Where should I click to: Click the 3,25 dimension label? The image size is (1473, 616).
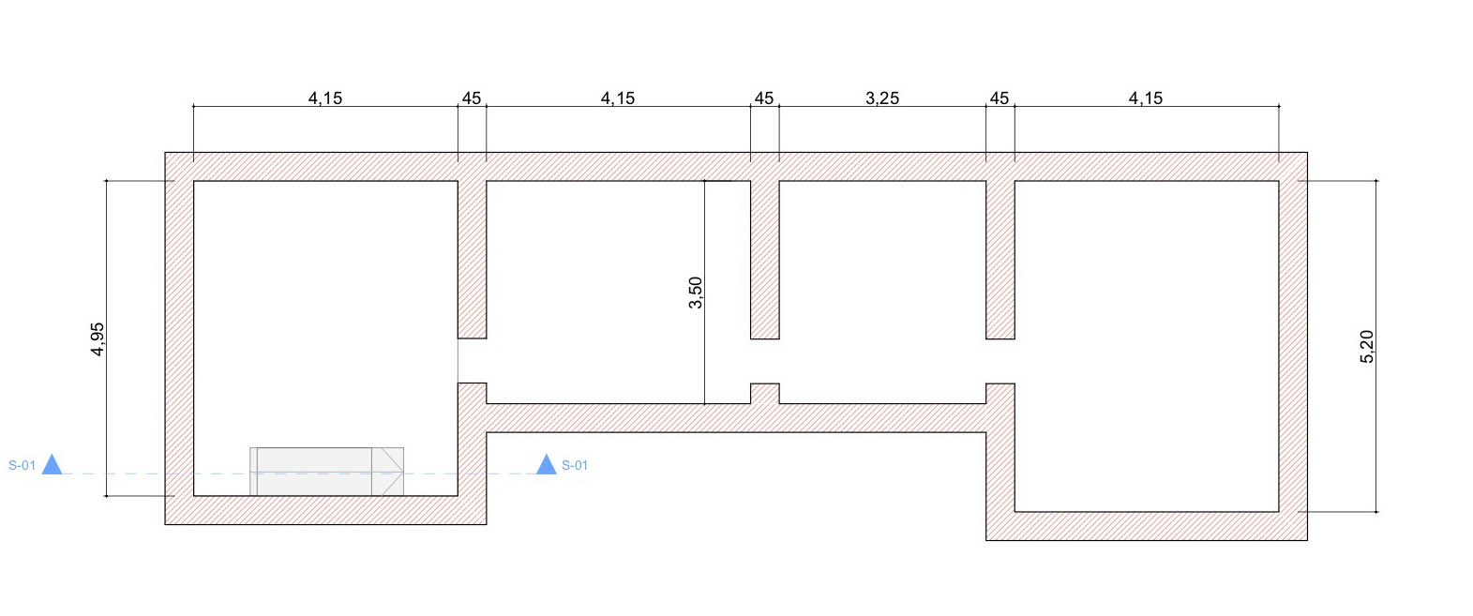pyautogui.click(x=881, y=98)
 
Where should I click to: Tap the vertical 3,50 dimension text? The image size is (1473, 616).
pyautogui.click(x=695, y=293)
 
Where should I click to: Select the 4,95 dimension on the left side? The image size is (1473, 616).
pyautogui.click(x=98, y=339)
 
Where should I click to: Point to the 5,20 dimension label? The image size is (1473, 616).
pyautogui.click(x=1366, y=347)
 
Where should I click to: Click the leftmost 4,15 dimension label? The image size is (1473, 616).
pyautogui.click(x=325, y=98)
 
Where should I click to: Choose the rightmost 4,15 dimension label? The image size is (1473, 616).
pyautogui.click(x=1146, y=98)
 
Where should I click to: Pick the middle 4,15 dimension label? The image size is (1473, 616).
pyautogui.click(x=618, y=98)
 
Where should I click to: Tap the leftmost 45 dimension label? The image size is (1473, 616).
pyautogui.click(x=472, y=98)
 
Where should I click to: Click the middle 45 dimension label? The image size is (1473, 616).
pyautogui.click(x=764, y=98)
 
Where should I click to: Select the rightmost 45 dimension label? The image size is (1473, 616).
pyautogui.click(x=1000, y=98)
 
